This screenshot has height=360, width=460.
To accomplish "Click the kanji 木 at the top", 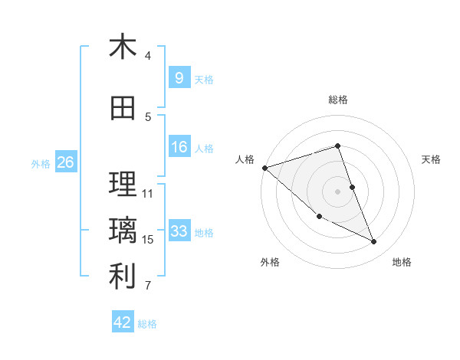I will point(123,47).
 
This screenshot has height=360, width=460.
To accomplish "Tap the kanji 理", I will point(123,185).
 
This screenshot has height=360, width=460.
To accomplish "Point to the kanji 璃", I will point(123,231).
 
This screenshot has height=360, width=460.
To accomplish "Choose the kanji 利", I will point(123,277).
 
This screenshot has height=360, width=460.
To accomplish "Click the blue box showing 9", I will point(179,77).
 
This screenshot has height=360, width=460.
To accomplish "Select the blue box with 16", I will point(179,147).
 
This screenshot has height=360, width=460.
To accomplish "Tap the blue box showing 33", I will point(179,231).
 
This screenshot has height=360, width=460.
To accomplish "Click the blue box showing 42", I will point(123,322).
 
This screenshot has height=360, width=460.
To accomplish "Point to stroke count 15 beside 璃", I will point(149,240).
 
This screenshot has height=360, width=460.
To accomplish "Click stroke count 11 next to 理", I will point(149,194).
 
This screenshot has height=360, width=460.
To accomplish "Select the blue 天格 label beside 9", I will point(204,79).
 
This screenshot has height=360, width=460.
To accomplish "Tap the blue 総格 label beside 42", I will point(147,324).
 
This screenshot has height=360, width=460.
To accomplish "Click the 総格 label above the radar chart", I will point(337,100).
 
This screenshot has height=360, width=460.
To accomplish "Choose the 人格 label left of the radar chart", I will point(245,159).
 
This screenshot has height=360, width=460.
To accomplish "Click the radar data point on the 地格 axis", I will point(374,242).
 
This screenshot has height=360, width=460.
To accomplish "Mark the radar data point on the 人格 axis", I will point(264,168).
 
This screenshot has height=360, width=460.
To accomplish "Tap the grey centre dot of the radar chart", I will point(337,191).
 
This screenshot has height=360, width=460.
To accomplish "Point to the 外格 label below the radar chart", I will point(270,263).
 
